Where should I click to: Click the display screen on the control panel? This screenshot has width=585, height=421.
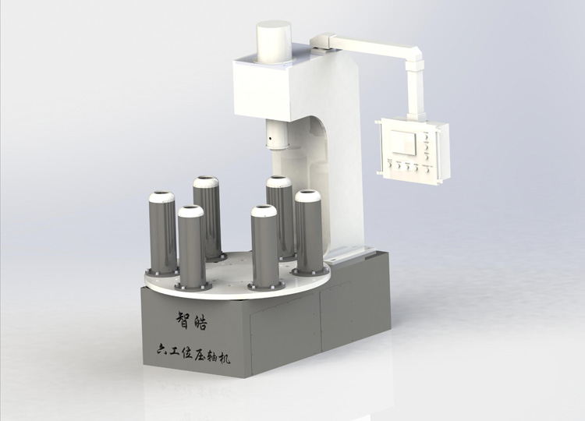pos(403,142)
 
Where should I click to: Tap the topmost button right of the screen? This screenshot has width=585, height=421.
pos(426,136)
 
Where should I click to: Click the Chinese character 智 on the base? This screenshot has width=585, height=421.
pos(183,320)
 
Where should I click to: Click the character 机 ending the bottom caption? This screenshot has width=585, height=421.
pos(224,358)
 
